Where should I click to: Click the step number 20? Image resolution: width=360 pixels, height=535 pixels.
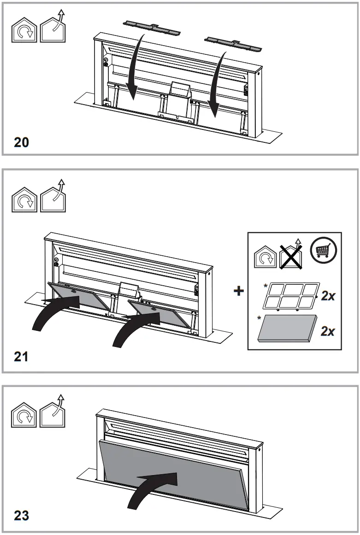[x=21, y=142]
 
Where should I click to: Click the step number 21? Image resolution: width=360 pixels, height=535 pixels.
[x=21, y=356]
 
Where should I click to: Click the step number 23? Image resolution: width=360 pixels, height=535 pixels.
[x=21, y=515]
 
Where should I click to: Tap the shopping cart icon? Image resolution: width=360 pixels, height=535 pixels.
[x=323, y=250]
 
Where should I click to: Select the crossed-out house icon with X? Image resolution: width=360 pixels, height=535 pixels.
[x=290, y=254]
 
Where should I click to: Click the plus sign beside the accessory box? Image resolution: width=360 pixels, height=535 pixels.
[x=238, y=291]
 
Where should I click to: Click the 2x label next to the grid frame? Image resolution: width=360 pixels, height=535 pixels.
[x=328, y=296]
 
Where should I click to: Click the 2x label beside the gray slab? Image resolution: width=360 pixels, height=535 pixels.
[x=328, y=331]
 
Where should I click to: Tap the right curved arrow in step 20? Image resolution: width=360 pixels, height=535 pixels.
[x=217, y=81]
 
